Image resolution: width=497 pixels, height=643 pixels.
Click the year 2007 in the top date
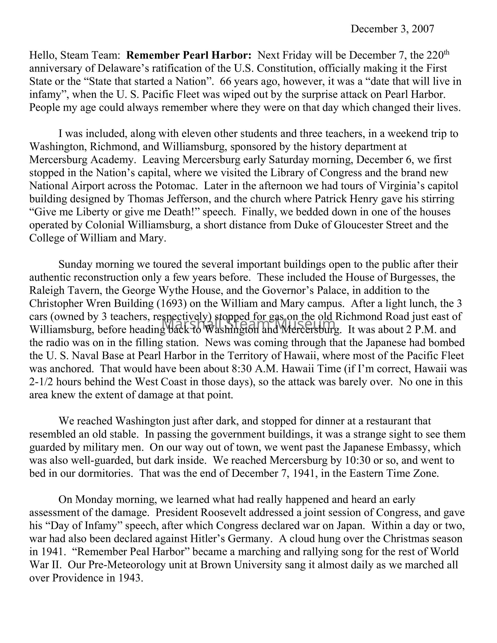tap(423, 29)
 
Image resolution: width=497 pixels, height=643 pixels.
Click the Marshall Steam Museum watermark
tap(249, 324)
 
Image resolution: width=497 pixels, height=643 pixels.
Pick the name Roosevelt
tap(222, 513)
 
